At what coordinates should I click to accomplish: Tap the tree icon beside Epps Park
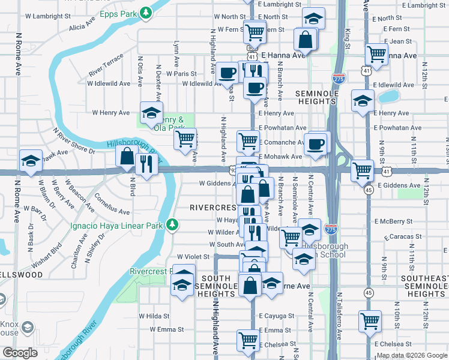pyautogui.click(x=145, y=12)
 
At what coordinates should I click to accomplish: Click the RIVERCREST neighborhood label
pyautogui.click(x=212, y=207)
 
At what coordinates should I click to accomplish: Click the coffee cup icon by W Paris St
pyautogui.click(x=228, y=73)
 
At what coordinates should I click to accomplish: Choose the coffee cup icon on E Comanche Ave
pyautogui.click(x=316, y=143)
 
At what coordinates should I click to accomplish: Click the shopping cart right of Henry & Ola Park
pyautogui.click(x=185, y=139)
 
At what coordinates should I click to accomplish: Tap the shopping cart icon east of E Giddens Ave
pyautogui.click(x=363, y=170)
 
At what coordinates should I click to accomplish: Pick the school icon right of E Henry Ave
pyautogui.click(x=363, y=101)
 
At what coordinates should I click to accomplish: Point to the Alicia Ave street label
pyautogui.click(x=83, y=27)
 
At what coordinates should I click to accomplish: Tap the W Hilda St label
pyautogui.click(x=154, y=316)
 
